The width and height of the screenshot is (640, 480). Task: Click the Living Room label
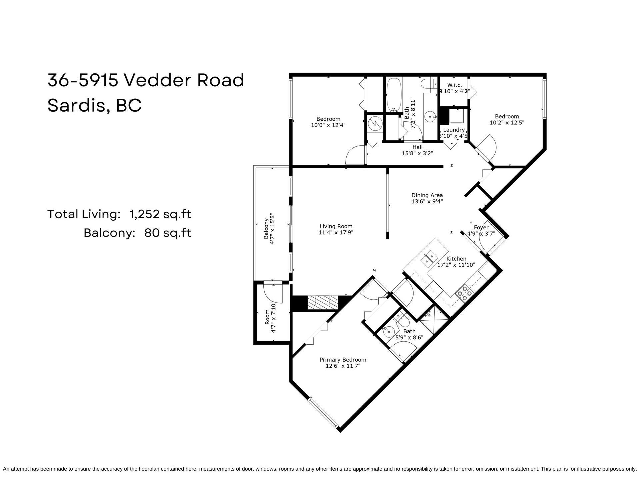pyautogui.click(x=336, y=226)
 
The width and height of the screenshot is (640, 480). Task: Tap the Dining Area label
pyautogui.click(x=427, y=195)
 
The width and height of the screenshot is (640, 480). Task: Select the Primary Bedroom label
pyautogui.click(x=343, y=360)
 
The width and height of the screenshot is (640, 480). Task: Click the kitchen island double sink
pyautogui.click(x=429, y=258)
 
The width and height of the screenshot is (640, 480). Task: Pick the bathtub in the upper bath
pyautogui.click(x=394, y=95)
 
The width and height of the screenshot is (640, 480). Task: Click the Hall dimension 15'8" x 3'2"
pyautogui.click(x=417, y=153)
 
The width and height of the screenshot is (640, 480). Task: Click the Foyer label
pyautogui.click(x=481, y=228)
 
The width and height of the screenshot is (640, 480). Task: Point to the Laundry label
pyautogui.click(x=454, y=130)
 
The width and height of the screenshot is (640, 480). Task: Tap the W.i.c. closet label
pyautogui.click(x=454, y=85)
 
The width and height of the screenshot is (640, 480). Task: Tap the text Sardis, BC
pyautogui.click(x=95, y=105)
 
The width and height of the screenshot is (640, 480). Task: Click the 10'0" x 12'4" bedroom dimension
pyautogui.click(x=328, y=125)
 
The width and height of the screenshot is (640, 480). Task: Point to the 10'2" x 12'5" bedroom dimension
pyautogui.click(x=507, y=122)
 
